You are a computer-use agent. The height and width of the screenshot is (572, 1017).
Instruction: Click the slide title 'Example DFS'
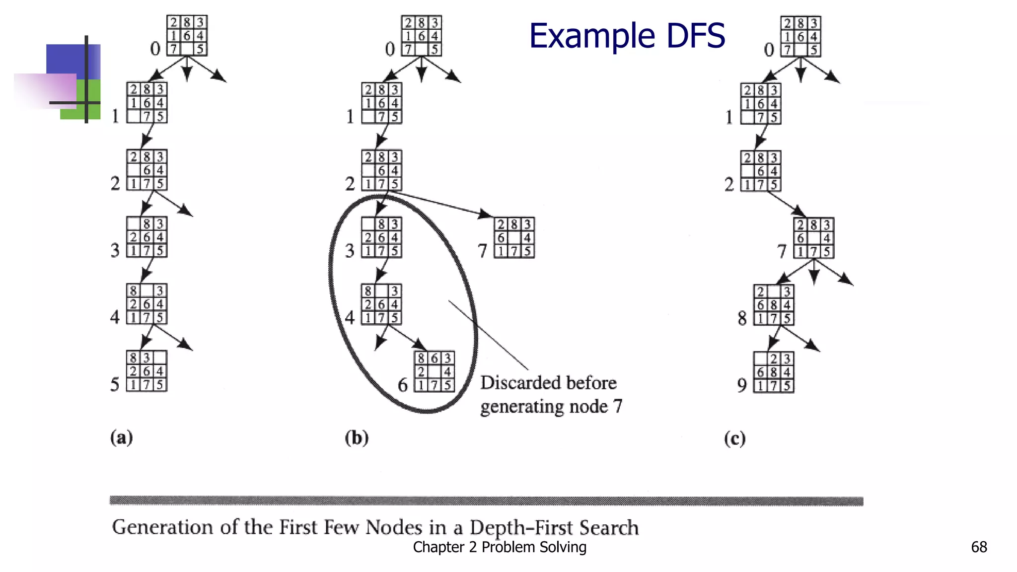pos(627,36)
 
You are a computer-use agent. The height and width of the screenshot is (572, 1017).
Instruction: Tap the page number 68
pos(979,547)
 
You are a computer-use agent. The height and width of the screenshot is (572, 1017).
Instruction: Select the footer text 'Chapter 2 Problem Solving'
pos(500,547)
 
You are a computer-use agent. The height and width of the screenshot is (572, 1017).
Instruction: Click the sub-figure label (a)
pos(122,437)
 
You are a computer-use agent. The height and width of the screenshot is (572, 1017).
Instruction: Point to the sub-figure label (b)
pos(357,438)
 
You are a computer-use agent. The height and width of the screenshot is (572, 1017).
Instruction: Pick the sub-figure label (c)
pos(735,438)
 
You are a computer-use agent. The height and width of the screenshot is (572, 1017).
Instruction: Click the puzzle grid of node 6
pos(435,371)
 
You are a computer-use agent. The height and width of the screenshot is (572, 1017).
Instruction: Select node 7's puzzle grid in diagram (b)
pos(514,238)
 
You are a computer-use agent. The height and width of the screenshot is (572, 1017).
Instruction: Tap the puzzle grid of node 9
pos(774,372)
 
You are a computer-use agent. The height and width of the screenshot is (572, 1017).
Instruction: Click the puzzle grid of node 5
pos(147,371)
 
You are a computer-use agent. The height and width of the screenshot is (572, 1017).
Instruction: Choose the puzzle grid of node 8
pos(774,305)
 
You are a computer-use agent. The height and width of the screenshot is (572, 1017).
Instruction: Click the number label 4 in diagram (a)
pos(115,317)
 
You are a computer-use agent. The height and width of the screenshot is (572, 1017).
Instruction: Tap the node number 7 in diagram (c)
pos(782,251)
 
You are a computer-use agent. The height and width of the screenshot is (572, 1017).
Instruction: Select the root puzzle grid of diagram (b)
pos(422,36)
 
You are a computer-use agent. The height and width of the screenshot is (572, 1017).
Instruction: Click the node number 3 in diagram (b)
pos(350,251)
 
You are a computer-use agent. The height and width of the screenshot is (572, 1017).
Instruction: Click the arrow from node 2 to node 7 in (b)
pos(442,204)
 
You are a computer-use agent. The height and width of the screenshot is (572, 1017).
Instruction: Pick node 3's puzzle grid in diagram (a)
pos(147,237)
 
